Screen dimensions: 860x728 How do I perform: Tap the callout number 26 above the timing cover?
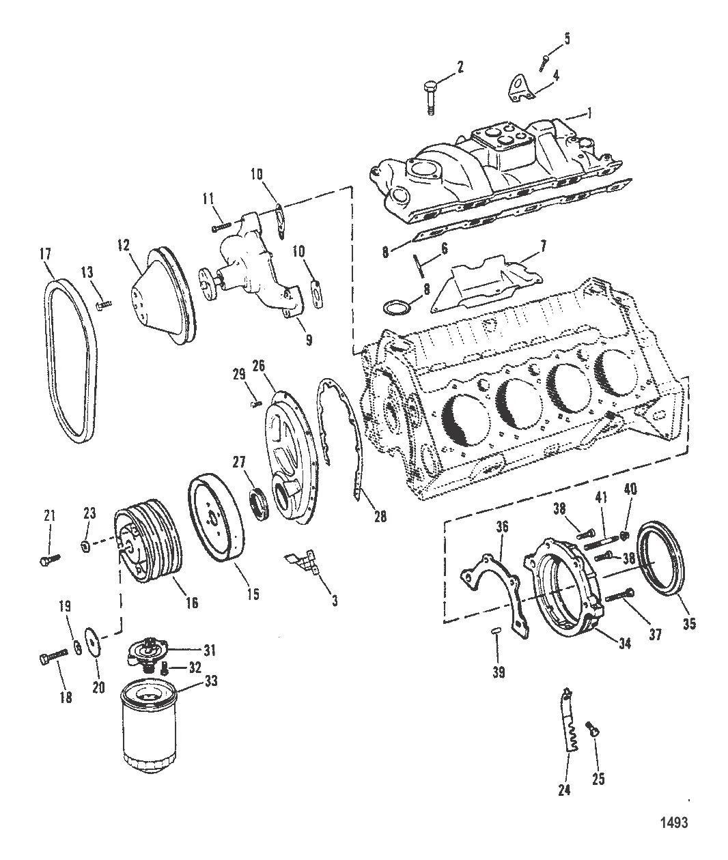point(259,366)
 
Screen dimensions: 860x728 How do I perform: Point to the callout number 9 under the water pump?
point(309,339)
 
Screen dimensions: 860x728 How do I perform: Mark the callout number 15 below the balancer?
point(253,594)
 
